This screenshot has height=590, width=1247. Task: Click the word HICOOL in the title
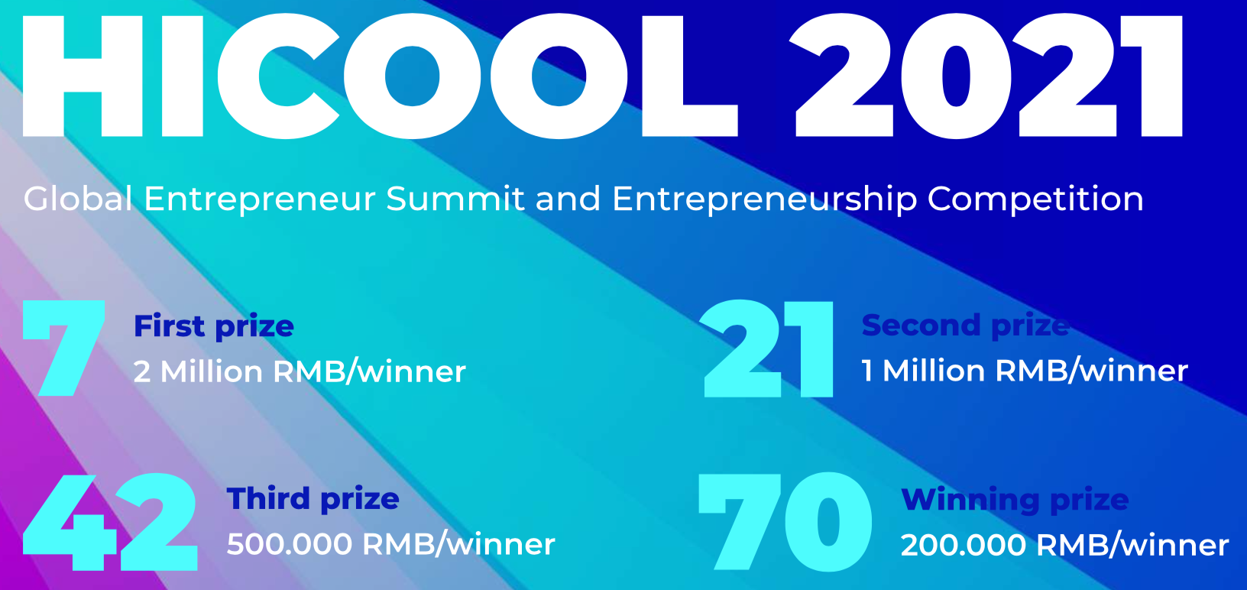point(380,76)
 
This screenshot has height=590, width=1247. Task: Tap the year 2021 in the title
point(986,76)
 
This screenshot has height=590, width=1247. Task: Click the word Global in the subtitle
point(78,199)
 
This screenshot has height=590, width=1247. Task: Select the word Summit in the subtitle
point(455,199)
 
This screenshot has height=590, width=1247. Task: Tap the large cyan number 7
point(63,348)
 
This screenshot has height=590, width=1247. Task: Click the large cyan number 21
point(767,348)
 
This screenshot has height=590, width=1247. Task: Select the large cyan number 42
point(110,521)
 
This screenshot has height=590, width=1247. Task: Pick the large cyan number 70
point(785,521)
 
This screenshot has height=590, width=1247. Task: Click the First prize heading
point(214,327)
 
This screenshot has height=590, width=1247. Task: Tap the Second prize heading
point(965,326)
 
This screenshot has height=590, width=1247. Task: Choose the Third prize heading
point(313,499)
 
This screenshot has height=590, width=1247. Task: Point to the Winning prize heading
point(1015,501)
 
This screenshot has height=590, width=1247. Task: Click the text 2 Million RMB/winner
point(300,371)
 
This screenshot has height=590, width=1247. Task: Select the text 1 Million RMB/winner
point(1025,371)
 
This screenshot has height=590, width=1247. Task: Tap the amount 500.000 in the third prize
point(290,544)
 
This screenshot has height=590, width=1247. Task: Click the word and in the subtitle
point(568,199)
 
